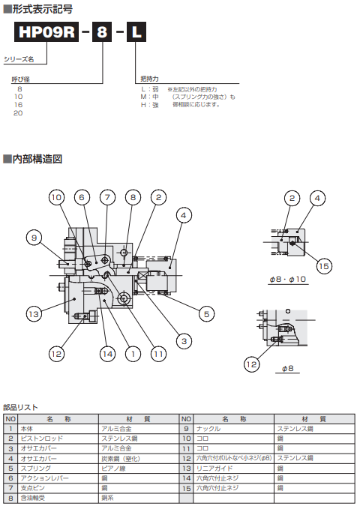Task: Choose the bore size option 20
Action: [x=18, y=112]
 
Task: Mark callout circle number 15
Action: [x=323, y=265]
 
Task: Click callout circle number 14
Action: [x=108, y=354]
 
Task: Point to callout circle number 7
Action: [x=108, y=197]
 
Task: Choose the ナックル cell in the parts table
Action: [x=207, y=428]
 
